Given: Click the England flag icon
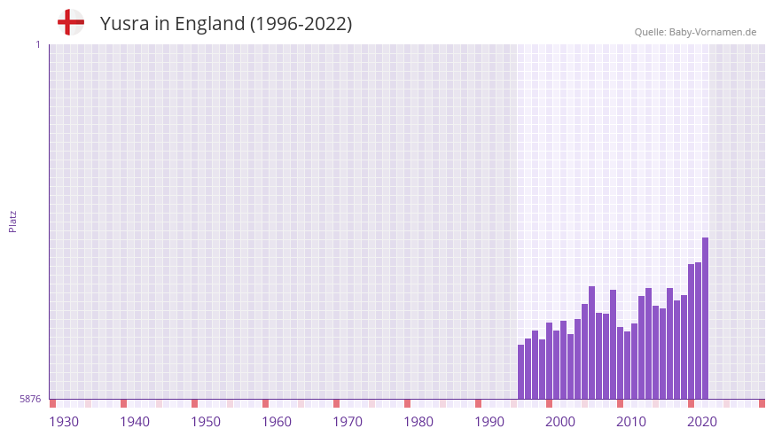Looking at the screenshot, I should point(71,22).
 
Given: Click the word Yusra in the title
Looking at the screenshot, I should point(124,24).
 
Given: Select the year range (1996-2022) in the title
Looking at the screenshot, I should point(301,24).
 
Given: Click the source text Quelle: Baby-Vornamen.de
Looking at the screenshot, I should point(695,32).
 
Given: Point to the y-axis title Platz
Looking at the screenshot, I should point(12,222).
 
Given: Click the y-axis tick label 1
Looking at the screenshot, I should point(37,44).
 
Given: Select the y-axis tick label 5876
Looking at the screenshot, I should point(30,400).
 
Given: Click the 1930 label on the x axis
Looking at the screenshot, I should point(64,422).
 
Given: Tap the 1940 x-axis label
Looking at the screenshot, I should point(135,422).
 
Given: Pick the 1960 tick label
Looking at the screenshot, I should point(277,422).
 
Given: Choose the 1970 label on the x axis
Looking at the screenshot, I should point(348,422).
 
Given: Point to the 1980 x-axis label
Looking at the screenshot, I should point(418,422).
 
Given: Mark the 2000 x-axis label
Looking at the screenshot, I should point(560,422).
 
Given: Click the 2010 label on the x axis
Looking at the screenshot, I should point(631,422).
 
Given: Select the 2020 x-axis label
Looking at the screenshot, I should point(702,422).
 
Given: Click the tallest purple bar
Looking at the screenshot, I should point(705,319).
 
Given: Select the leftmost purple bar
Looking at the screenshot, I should point(520,372).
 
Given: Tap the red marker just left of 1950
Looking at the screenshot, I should point(194,403).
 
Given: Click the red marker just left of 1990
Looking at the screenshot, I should point(478,403).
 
